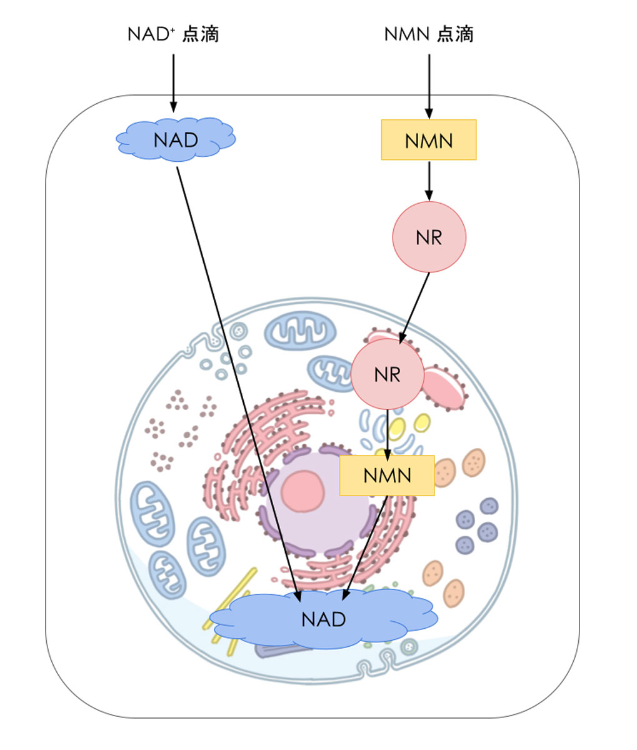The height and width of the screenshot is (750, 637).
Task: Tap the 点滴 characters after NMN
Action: pyautogui.click(x=455, y=34)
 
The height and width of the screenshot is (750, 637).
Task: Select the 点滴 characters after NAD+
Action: pyautogui.click(x=201, y=34)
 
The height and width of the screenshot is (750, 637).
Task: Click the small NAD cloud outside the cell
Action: pyautogui.click(x=176, y=139)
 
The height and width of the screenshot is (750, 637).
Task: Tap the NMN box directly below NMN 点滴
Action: pyautogui.click(x=429, y=140)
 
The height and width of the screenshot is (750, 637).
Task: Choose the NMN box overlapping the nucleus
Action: pyautogui.click(x=387, y=476)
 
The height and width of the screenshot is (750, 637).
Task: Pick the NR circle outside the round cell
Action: pyautogui.click(x=429, y=237)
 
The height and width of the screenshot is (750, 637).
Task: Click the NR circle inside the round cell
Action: pyautogui.click(x=387, y=374)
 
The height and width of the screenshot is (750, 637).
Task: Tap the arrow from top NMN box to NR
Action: pyautogui.click(x=429, y=180)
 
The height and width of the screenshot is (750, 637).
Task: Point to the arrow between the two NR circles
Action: pyautogui.click(x=415, y=306)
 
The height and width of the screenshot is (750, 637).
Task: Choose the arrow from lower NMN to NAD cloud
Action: pyautogui.click(x=366, y=544)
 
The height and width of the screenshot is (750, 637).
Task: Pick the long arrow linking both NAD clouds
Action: pyautogui.click(x=238, y=375)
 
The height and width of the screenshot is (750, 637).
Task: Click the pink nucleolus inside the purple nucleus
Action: pyautogui.click(x=303, y=489)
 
